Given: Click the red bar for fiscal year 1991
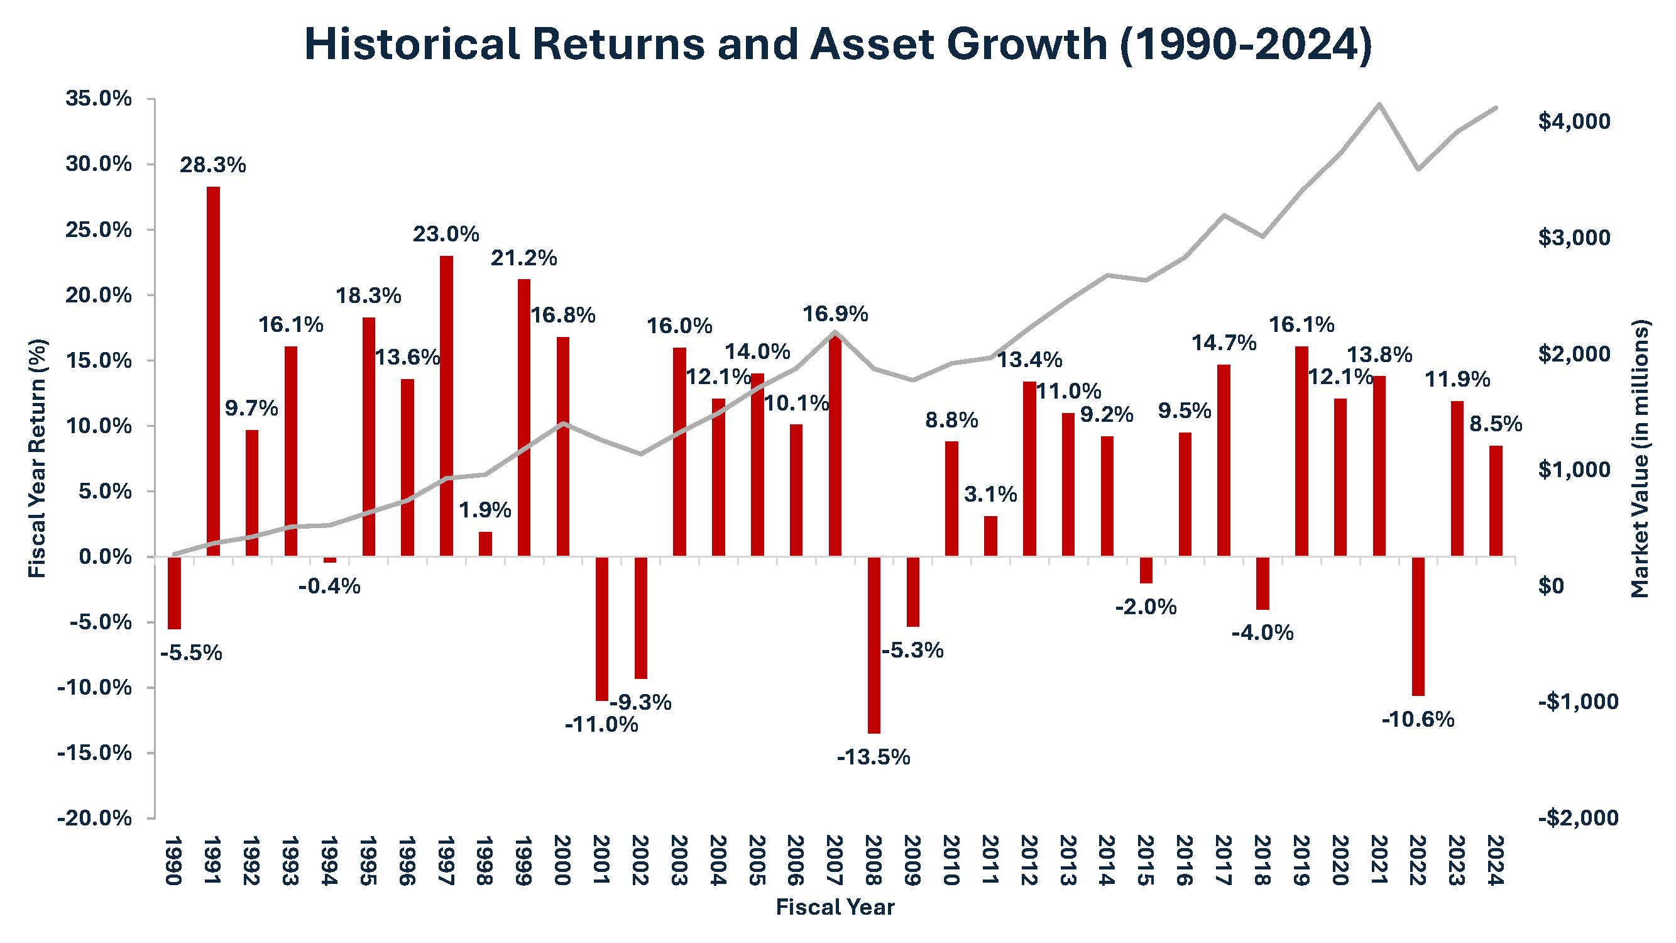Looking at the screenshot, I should tap(213, 371).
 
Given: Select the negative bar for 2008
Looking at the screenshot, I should tap(874, 644).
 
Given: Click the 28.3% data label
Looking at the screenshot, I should tap(213, 165).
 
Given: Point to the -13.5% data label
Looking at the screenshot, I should tap(873, 758).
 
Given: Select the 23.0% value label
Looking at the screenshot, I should tap(446, 234).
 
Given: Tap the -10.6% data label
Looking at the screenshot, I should tap(1418, 720).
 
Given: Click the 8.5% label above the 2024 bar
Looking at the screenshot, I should tap(1496, 424).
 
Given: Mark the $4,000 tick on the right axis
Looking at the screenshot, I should tap(1574, 121).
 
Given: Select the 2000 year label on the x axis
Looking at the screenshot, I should tap(562, 861).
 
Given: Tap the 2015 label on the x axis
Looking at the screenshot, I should tap(1146, 861).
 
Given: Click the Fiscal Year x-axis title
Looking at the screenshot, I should tap(835, 907).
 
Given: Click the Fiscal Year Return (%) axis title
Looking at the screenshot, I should tap(38, 458).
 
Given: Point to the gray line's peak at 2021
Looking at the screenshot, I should tap(1379, 104).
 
